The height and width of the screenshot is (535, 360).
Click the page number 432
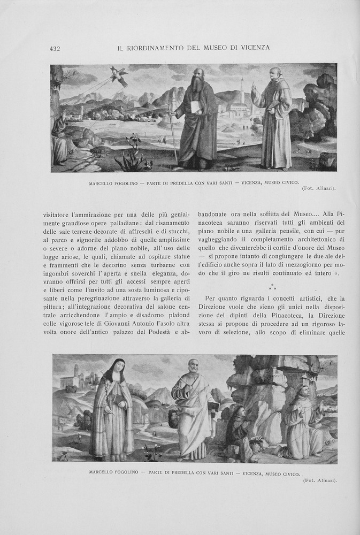click(55, 48)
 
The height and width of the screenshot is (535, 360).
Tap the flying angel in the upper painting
click(118, 76)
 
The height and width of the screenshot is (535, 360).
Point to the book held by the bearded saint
click(196, 107)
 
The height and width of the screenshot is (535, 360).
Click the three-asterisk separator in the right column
click(272, 287)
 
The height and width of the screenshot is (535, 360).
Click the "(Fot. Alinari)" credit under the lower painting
click(320, 480)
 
